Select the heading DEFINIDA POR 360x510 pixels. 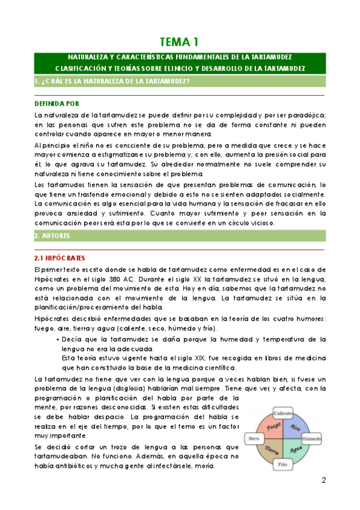coord(56,103)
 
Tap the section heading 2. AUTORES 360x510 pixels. coord(54,236)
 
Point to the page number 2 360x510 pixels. coord(323,481)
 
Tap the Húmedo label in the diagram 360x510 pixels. coord(311,440)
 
